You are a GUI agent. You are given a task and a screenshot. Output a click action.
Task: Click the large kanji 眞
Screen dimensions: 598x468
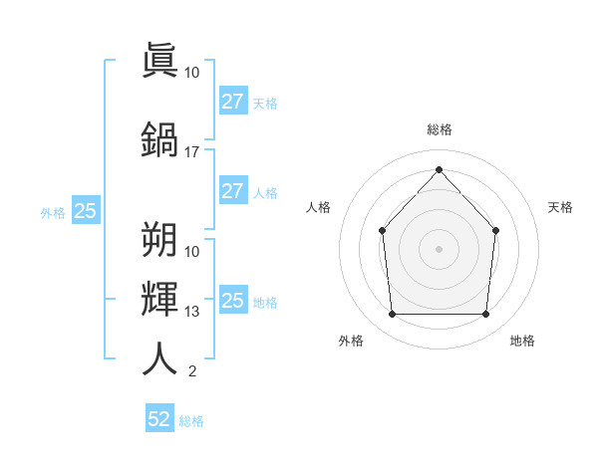[159, 60]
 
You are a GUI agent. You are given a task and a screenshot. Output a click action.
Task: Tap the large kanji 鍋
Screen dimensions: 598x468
[159, 139]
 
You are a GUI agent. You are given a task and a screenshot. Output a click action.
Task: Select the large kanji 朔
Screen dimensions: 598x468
[159, 239]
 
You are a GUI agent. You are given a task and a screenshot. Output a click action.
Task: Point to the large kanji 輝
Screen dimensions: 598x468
[159, 299]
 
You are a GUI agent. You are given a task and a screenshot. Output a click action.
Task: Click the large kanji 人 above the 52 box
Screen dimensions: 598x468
[159, 358]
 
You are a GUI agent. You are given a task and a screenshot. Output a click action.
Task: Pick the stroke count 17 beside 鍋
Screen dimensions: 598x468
[191, 152]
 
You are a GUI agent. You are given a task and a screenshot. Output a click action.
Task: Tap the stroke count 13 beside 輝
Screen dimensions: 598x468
[191, 312]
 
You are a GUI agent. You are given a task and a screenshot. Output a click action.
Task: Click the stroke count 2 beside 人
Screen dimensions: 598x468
[192, 371]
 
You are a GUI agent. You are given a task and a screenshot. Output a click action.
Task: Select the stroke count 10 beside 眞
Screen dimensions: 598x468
[191, 73]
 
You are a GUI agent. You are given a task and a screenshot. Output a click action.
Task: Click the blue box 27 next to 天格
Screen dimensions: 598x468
[233, 101]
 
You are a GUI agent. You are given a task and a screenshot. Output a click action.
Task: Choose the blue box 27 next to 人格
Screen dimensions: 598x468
[233, 190]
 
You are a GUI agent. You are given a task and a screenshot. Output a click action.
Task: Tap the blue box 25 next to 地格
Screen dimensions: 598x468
[233, 299]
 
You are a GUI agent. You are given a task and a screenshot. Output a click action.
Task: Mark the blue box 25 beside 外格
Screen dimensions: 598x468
[86, 210]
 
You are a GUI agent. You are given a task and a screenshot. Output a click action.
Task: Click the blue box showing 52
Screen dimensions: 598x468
[159, 417]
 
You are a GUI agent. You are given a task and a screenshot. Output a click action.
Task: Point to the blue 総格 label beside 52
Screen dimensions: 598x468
[191, 421]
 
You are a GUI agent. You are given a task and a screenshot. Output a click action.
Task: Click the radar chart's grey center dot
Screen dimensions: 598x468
[439, 249]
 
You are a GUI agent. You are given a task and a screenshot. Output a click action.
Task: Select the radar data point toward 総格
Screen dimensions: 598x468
[439, 169]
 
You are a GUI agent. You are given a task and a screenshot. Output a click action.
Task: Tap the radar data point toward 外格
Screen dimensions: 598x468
[393, 314]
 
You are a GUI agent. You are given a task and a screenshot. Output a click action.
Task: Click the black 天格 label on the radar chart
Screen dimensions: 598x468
[560, 207]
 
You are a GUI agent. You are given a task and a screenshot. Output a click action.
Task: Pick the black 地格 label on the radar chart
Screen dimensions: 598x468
[522, 341]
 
